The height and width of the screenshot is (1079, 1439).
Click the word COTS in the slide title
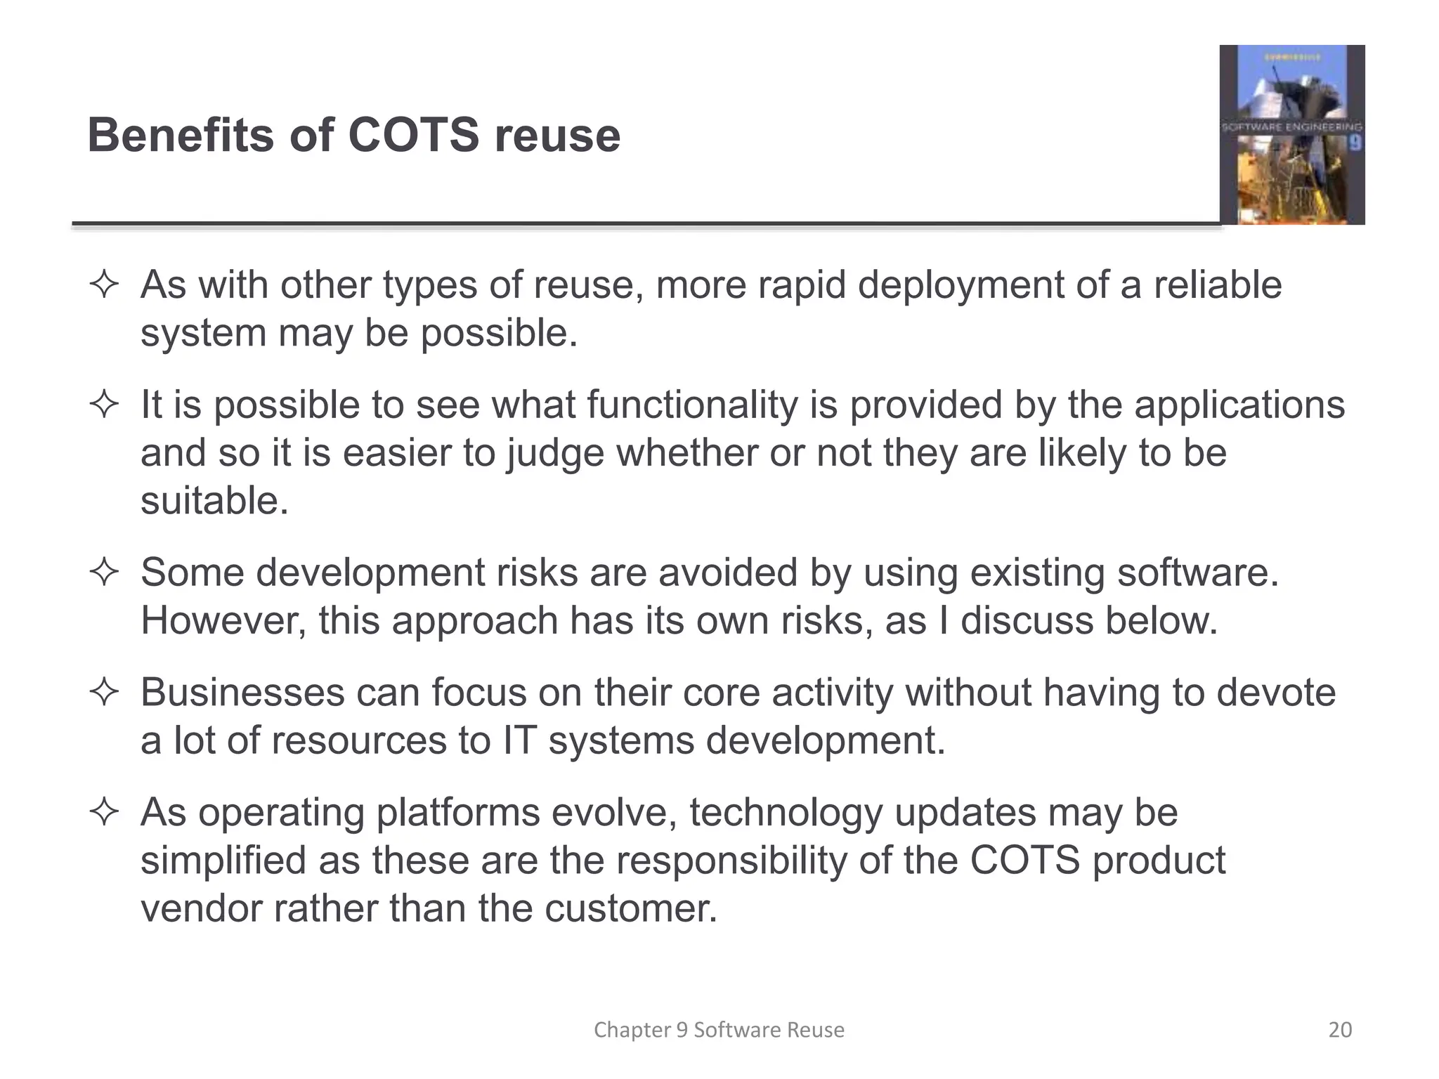click(x=413, y=135)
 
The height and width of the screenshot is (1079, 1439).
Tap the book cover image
click(x=1291, y=135)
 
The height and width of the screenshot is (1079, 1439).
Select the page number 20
click(x=1340, y=1030)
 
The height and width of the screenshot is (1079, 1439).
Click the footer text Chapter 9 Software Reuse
click(x=719, y=1030)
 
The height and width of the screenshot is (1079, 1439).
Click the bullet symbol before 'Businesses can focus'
click(x=104, y=693)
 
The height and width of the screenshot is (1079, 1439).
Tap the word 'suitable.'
click(x=214, y=501)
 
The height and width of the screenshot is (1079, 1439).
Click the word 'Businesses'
click(x=242, y=693)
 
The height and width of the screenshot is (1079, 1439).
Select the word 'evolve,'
click(x=614, y=813)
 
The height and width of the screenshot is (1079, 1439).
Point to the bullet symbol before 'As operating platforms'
click(x=104, y=813)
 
